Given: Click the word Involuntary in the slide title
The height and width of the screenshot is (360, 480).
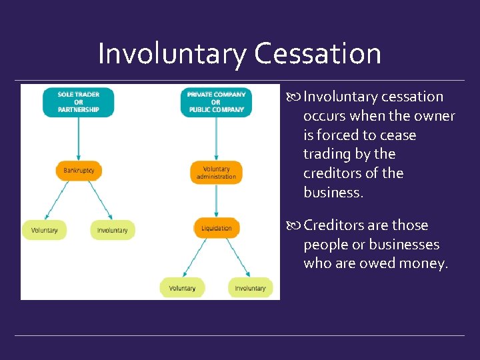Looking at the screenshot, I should point(172,53).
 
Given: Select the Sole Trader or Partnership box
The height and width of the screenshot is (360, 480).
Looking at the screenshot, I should point(79,102).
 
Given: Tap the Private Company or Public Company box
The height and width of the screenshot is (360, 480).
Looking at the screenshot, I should point(216,102).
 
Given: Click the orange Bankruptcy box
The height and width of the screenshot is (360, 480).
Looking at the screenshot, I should point(79,171).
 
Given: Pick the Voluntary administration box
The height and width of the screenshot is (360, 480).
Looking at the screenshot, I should point(216,173).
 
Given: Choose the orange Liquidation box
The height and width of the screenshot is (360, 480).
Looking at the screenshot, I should point(216,229).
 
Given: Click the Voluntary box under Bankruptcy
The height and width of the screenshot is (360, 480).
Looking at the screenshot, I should point(44,230).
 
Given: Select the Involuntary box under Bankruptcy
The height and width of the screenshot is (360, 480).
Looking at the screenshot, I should point(113,230).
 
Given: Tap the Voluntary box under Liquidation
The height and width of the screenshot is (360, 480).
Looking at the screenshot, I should point(182,288).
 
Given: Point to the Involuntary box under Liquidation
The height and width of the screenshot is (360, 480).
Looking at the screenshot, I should point(250,288).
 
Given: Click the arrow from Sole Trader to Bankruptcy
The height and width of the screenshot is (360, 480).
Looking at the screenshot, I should point(79,139).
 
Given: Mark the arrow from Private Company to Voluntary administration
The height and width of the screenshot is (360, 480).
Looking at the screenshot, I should point(216,139).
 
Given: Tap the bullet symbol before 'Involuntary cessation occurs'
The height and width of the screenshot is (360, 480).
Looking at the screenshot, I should point(297,97).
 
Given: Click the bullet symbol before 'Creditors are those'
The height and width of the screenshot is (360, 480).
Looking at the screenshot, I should point(297,226).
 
